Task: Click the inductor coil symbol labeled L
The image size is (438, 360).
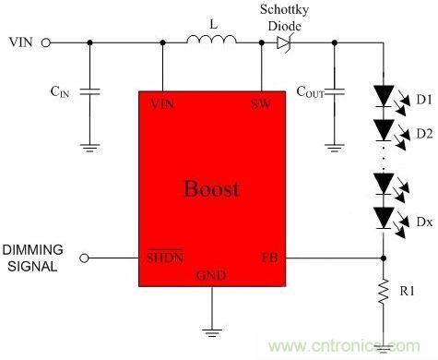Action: point(212,40)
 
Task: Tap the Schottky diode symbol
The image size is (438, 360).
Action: point(283,42)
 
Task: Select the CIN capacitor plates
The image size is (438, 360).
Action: point(89,91)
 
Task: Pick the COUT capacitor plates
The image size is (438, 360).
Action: point(335,91)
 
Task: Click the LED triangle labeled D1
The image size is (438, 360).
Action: point(384,96)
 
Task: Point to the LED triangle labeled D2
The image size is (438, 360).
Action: point(384,130)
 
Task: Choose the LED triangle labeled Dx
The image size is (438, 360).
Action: point(384,218)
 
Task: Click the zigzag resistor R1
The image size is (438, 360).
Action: point(384,291)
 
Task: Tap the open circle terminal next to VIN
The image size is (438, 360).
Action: point(46,42)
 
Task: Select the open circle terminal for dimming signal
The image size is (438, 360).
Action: point(84,258)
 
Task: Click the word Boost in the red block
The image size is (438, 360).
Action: point(212,188)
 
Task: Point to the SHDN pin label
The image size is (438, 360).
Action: point(165,257)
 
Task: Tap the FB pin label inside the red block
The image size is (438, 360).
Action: point(270,258)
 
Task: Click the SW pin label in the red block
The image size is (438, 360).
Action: point(261,104)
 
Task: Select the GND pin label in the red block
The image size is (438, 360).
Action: point(211,275)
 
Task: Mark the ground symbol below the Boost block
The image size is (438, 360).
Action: point(212,333)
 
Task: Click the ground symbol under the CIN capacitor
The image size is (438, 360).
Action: point(89,148)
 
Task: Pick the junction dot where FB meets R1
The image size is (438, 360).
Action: point(384,258)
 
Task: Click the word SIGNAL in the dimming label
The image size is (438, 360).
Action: point(32,266)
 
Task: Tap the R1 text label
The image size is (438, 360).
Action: point(408,291)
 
